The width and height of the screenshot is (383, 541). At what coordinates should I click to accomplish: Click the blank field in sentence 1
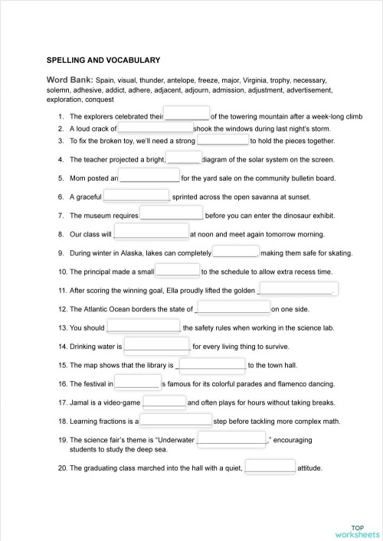click(187, 116)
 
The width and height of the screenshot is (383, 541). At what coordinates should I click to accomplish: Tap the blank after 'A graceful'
click(136, 196)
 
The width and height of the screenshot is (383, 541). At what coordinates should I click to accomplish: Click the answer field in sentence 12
click(233, 308)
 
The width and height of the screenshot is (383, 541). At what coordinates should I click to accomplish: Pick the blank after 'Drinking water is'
click(156, 346)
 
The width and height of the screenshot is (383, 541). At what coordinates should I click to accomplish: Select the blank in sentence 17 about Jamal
click(164, 402)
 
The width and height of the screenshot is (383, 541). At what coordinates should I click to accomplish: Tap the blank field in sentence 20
click(270, 467)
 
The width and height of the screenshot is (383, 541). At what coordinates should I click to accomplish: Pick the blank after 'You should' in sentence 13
click(142, 327)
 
